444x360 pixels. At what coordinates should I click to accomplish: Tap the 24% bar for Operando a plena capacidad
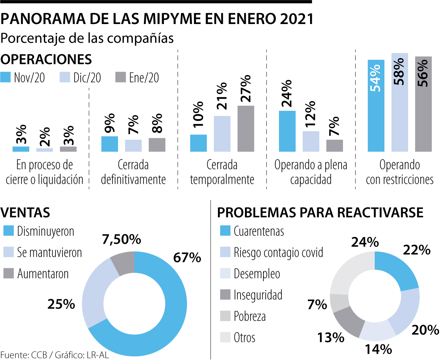(287, 131)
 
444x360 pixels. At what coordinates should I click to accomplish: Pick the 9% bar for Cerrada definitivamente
(110, 144)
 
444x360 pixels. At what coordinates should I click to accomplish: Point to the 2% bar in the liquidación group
(44, 150)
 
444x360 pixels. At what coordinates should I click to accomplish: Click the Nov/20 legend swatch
(6, 77)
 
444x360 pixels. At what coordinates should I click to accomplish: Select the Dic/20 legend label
(87, 78)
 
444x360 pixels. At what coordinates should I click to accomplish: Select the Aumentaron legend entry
(43, 274)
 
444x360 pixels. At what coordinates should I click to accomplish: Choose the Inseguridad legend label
(258, 295)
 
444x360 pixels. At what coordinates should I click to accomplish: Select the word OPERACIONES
(46, 60)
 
